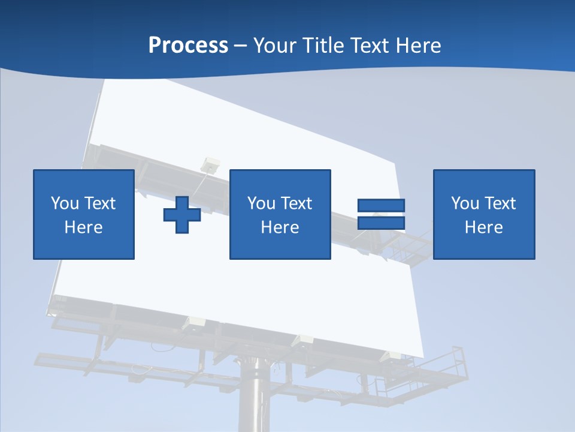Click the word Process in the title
[x=188, y=46]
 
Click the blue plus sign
[x=182, y=215]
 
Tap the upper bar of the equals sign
[x=381, y=206]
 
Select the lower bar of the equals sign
[x=381, y=223]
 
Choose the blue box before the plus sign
[x=84, y=180]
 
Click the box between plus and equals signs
[x=280, y=180]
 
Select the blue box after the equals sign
[x=484, y=180]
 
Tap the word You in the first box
[x=65, y=203]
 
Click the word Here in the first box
[x=84, y=227]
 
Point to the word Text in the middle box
[x=297, y=203]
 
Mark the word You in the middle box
[x=261, y=203]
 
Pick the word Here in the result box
[x=484, y=227]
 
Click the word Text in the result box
[x=501, y=203]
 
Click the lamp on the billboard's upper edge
[x=211, y=163]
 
